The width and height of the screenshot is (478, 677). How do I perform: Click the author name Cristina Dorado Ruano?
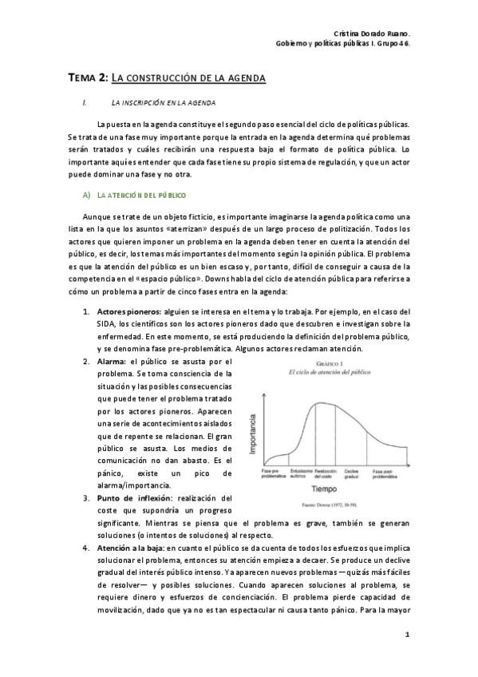click(371, 33)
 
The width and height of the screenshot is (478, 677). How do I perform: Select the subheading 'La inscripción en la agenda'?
click(164, 103)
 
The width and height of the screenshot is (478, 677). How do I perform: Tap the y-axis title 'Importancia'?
click(253, 434)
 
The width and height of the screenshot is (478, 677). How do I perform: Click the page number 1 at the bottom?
click(408, 635)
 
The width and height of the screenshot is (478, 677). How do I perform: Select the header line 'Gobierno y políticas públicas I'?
click(343, 44)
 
